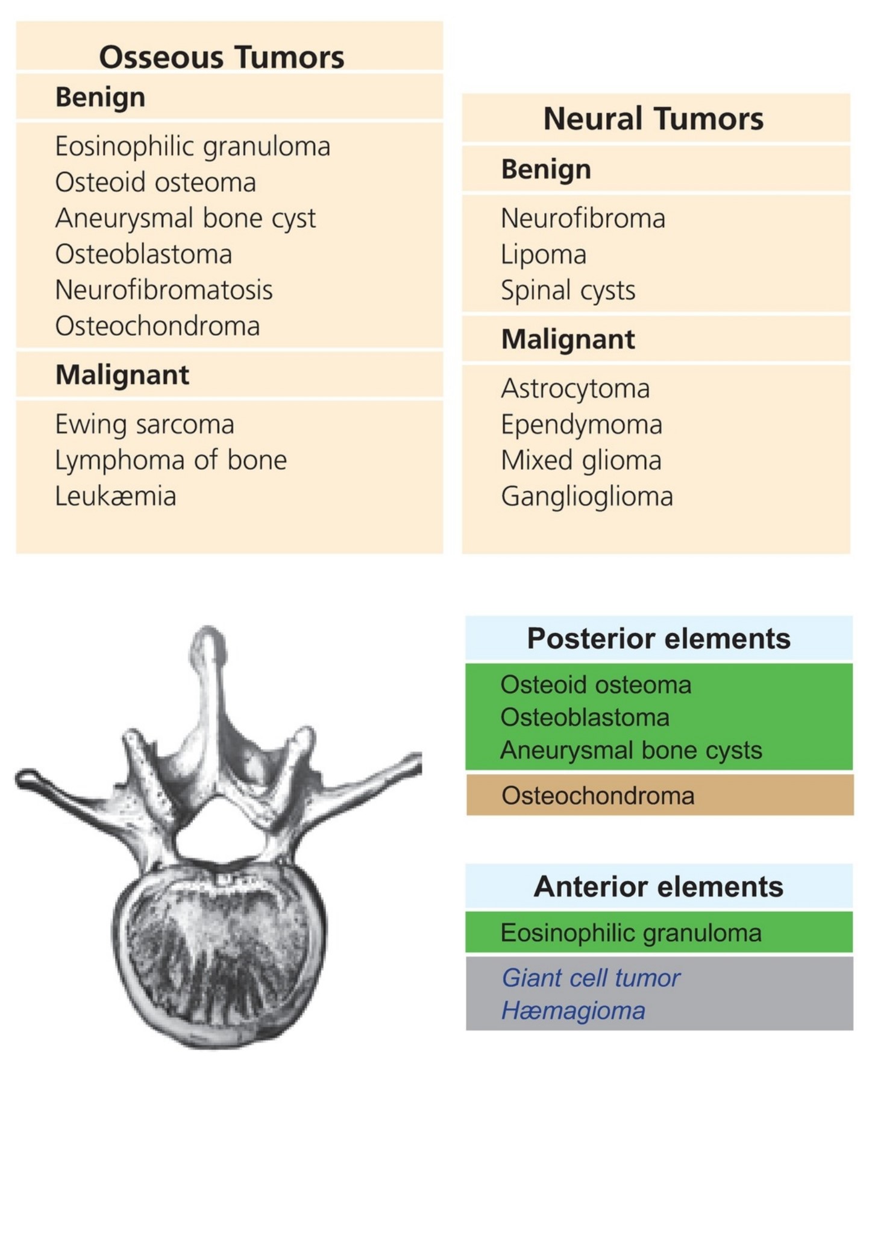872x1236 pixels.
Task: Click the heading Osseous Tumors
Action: [222, 57]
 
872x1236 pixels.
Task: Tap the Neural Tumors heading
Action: [653, 118]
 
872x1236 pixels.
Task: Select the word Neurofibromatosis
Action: [164, 290]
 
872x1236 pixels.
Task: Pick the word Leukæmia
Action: [116, 497]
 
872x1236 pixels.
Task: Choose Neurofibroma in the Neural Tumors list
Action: [583, 218]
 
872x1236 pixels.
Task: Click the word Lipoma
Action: [544, 255]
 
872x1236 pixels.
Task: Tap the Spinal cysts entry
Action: [568, 291]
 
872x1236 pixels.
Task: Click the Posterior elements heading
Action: [659, 639]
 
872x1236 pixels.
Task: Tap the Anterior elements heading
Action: [659, 887]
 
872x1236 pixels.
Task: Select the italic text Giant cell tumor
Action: [591, 978]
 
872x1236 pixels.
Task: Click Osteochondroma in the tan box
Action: [598, 796]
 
